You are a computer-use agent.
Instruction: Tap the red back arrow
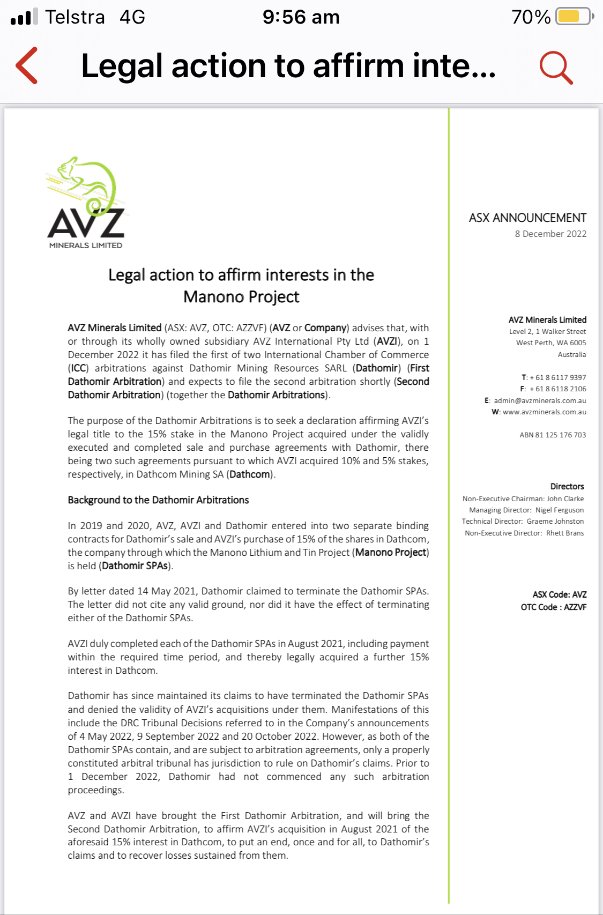click(x=27, y=65)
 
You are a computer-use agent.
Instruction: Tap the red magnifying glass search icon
click(x=556, y=68)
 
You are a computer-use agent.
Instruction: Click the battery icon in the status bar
click(x=574, y=17)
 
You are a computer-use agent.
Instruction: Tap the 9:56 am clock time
click(x=301, y=17)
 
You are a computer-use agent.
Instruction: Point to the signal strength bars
click(x=24, y=17)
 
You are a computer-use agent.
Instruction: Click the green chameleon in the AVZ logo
click(x=88, y=182)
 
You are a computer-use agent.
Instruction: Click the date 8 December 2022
click(x=550, y=234)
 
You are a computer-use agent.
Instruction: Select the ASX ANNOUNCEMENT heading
click(x=527, y=218)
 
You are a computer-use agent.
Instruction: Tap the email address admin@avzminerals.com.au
click(x=540, y=400)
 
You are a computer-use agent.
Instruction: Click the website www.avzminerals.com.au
click(x=544, y=412)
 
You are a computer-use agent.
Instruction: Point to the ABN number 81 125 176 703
click(x=553, y=435)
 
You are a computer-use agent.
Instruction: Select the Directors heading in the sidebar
click(x=567, y=486)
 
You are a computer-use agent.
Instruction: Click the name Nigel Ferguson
click(x=559, y=510)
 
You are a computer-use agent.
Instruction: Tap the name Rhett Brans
click(x=565, y=533)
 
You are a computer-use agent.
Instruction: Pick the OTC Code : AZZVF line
click(x=553, y=607)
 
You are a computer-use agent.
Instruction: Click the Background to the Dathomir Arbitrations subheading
click(x=158, y=500)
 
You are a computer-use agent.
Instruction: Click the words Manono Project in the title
click(x=241, y=296)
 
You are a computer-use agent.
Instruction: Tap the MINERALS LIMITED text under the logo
click(x=86, y=246)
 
